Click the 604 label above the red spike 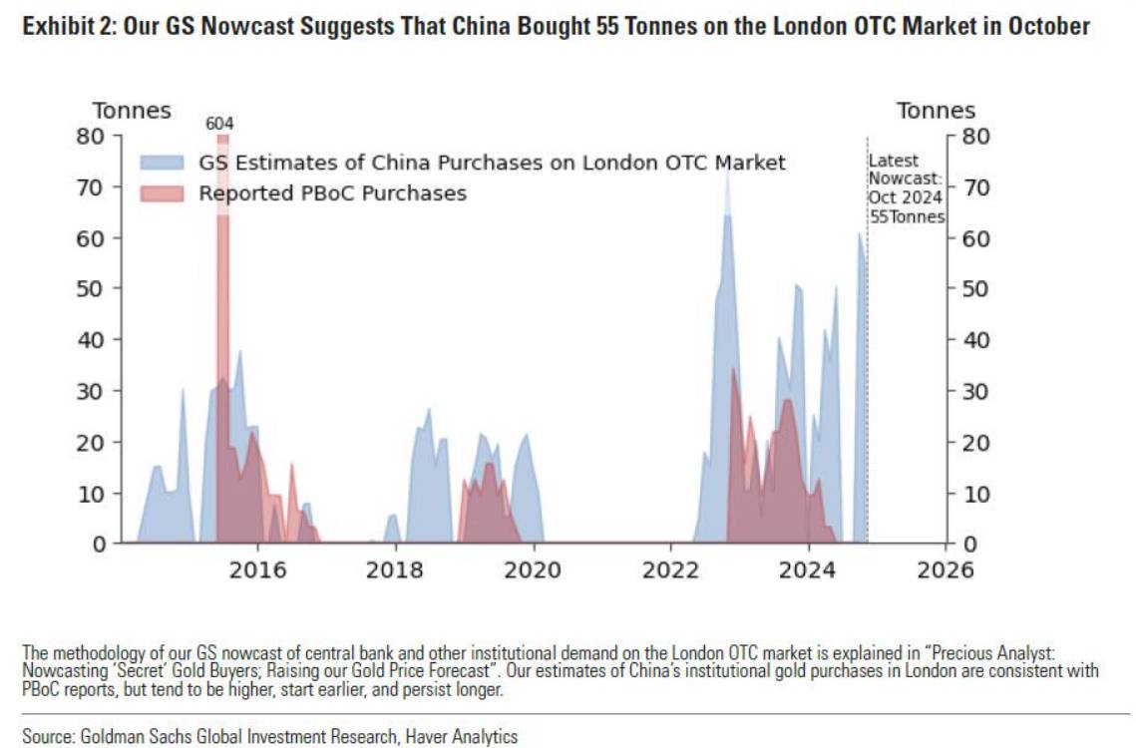point(219,124)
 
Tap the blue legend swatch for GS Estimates point(162,163)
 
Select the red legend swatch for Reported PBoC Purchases point(162,193)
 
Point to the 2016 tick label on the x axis point(258,570)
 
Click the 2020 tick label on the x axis point(533,570)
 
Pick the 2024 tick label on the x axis point(807,570)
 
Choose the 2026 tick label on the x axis point(945,570)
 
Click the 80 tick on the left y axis point(90,136)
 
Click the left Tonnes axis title point(132,111)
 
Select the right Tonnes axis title point(936,111)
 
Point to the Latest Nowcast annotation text point(906,188)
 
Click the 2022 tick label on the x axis point(670,570)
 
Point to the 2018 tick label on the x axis point(396,570)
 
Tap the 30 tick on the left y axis point(90,391)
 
